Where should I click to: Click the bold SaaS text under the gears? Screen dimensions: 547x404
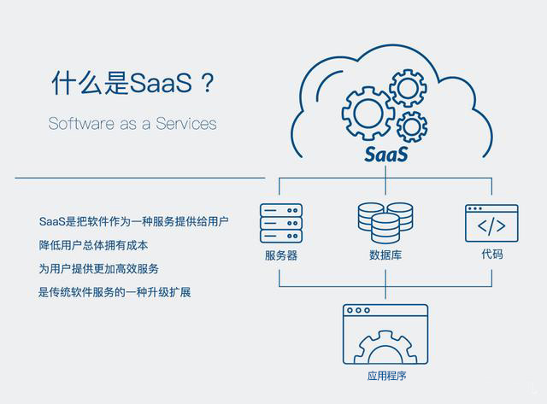tap(385, 155)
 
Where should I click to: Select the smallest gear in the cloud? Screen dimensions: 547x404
tap(412, 126)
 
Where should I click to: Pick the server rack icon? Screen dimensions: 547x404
tap(281, 223)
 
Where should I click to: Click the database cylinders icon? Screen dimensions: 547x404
tap(385, 223)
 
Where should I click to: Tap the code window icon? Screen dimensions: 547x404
tap(491, 223)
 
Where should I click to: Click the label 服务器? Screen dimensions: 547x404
tap(281, 255)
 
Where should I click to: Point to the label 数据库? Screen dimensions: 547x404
tap(385, 255)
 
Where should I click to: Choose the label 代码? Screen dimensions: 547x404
tap(492, 255)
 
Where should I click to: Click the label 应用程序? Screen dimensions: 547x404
tap(386, 376)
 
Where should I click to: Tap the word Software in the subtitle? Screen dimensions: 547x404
tap(81, 123)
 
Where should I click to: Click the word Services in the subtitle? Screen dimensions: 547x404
tap(186, 123)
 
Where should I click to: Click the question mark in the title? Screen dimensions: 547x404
tap(208, 83)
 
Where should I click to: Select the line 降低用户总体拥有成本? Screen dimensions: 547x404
tap(93, 245)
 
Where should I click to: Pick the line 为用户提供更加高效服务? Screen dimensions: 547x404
tap(99, 269)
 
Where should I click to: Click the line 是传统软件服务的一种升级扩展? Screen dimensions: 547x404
tap(115, 292)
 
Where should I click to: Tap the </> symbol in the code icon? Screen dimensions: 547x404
tap(491, 225)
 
